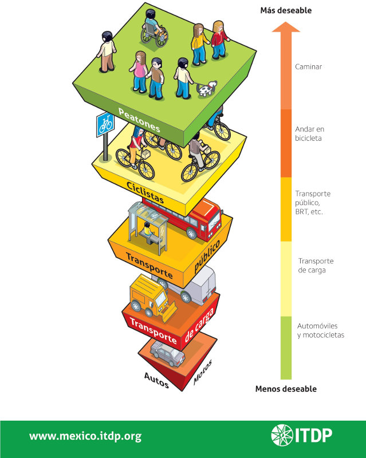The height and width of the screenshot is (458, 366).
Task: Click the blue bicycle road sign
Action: (104, 124)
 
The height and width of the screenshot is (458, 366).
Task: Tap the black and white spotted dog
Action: (206, 88)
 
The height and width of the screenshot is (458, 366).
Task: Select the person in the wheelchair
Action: (154, 31)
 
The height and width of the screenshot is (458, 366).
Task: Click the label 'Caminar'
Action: (309, 67)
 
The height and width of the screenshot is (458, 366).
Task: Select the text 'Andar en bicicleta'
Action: (309, 133)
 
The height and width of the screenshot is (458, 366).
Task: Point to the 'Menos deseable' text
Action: (286, 389)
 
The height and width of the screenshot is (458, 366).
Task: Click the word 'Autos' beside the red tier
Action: (156, 381)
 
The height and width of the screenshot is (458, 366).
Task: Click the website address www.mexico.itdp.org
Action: (85, 436)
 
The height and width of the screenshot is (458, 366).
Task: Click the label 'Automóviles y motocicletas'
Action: (321, 330)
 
